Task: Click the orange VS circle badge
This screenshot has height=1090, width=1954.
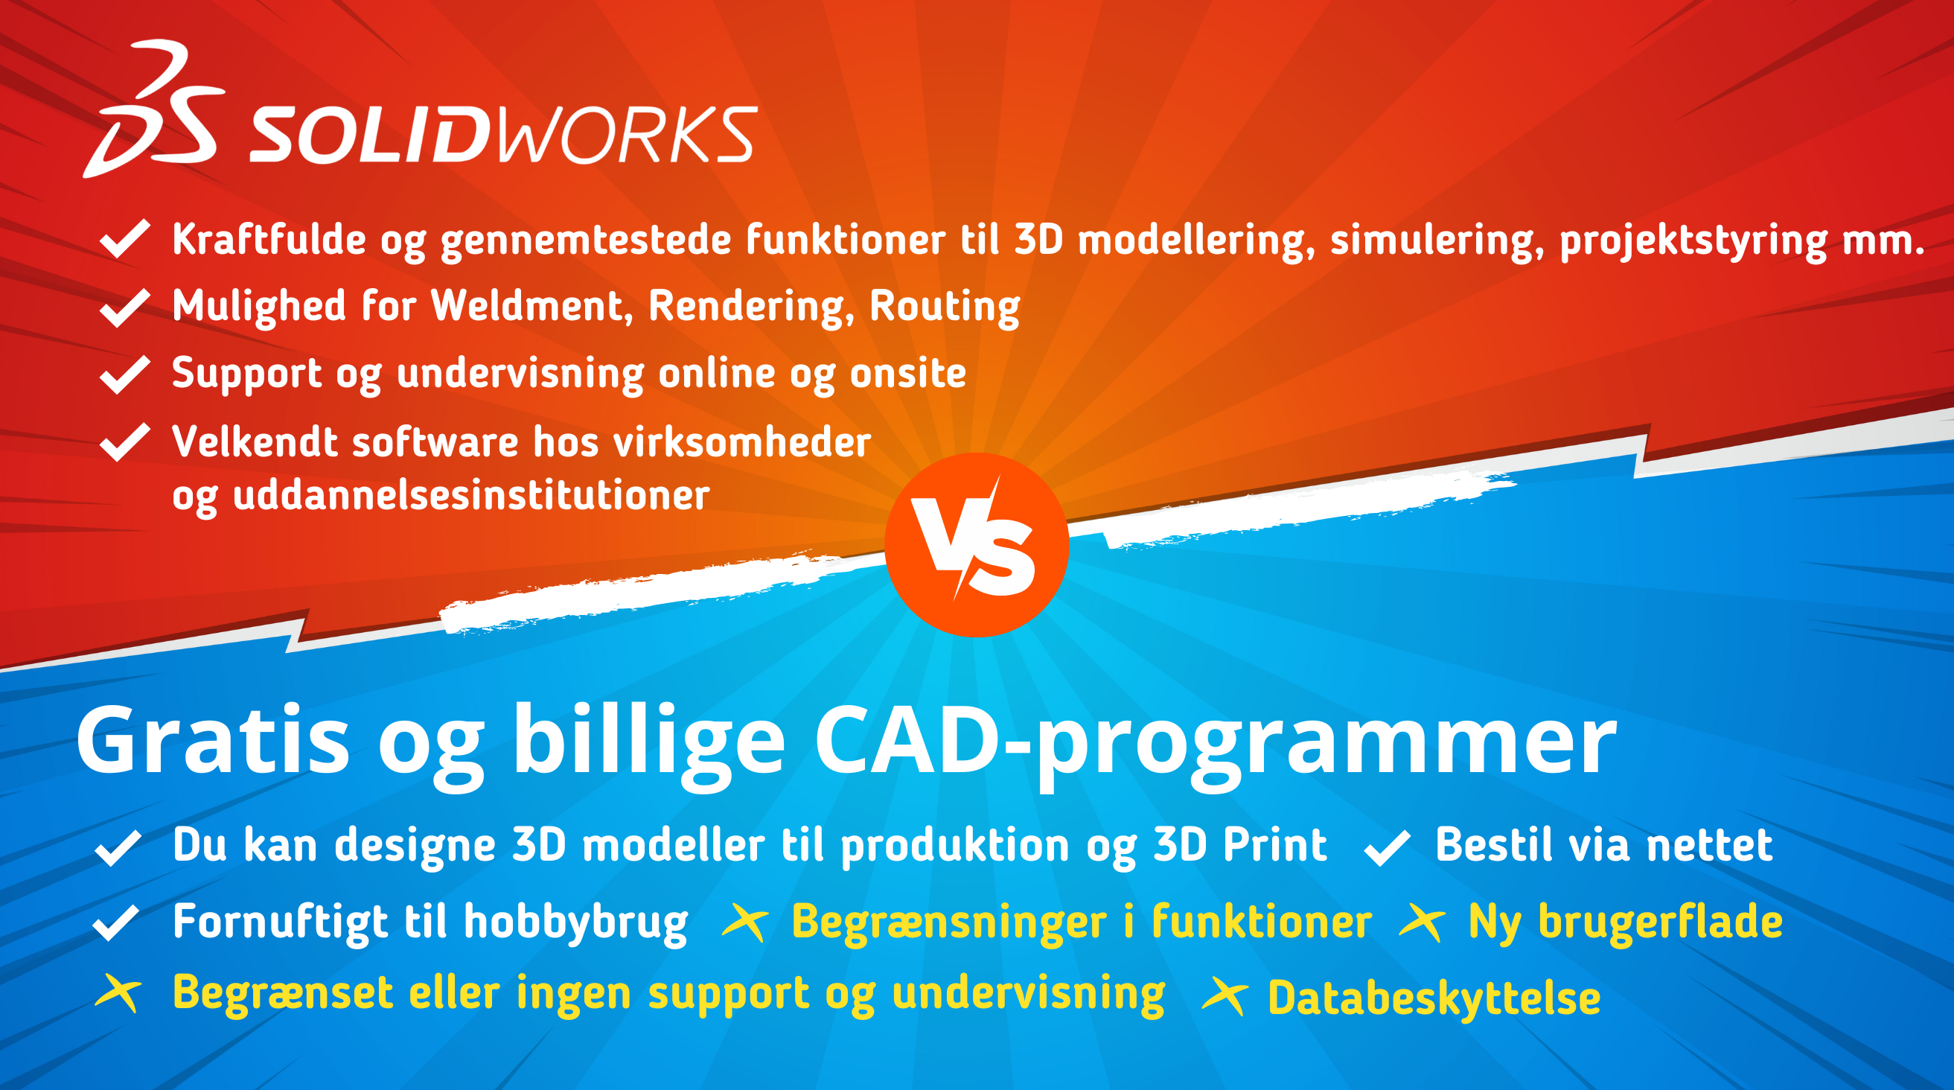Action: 977,544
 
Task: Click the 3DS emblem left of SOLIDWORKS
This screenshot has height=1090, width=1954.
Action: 154,109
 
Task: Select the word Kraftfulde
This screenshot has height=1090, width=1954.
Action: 269,239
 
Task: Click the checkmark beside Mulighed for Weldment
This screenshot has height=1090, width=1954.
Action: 124,307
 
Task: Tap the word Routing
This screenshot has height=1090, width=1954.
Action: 945,307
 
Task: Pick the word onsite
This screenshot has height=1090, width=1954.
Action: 908,373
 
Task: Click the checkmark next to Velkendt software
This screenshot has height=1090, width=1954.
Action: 124,442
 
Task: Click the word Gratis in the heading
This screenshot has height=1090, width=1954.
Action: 213,740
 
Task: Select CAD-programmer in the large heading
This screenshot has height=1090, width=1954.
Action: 1215,746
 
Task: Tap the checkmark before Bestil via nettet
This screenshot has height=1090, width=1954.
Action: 1388,848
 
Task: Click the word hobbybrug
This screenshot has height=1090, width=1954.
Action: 575,923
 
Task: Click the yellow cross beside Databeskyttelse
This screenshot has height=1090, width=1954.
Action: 1225,996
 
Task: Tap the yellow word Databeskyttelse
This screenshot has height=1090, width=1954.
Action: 1434,998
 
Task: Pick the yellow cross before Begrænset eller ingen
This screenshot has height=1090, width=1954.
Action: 118,993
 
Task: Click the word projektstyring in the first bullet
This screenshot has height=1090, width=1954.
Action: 1693,241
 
